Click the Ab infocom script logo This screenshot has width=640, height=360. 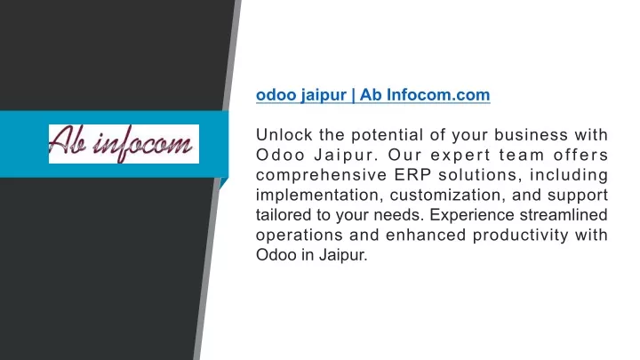[x=124, y=144]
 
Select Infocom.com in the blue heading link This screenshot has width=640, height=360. [x=438, y=95]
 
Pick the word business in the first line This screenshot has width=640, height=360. [x=531, y=135]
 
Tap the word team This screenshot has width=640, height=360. [x=523, y=155]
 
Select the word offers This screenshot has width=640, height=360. [x=580, y=155]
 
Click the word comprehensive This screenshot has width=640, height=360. [x=321, y=175]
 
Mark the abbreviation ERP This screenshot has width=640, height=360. [x=412, y=175]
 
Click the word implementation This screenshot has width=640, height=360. [x=320, y=195]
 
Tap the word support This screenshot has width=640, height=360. [x=578, y=196]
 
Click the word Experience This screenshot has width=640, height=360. [x=471, y=215]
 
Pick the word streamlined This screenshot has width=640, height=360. [x=564, y=215]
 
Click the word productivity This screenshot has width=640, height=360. [x=520, y=236]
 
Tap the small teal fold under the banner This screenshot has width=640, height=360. [x=222, y=183]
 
